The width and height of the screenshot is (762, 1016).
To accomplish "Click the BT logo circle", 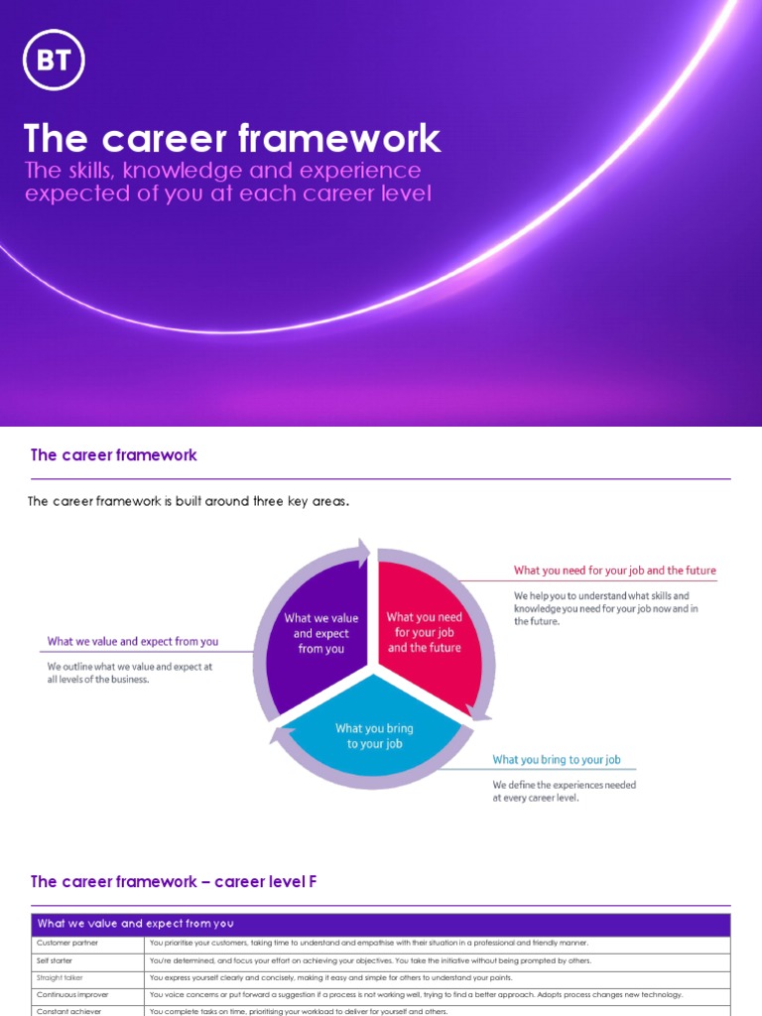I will click(x=58, y=62).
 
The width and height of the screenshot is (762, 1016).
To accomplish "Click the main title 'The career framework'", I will click(x=232, y=139).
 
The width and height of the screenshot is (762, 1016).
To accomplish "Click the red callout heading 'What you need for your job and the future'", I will click(x=614, y=571).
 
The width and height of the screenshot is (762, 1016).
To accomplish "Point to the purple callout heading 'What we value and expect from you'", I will click(x=133, y=641).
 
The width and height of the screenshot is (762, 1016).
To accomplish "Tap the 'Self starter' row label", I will click(x=56, y=960).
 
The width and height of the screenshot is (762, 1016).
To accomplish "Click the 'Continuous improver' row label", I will click(x=72, y=994).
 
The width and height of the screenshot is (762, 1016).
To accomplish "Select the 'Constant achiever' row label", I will click(x=68, y=1011).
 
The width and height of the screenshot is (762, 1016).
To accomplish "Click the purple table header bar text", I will click(x=135, y=924).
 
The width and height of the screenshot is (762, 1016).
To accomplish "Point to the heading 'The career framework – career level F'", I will click(x=174, y=881).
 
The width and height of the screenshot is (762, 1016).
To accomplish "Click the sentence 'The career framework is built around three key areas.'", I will click(x=189, y=502).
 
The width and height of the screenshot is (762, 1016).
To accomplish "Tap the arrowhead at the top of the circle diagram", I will click(x=364, y=552).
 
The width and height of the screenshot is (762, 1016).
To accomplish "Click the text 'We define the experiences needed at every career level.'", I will click(x=565, y=791).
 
